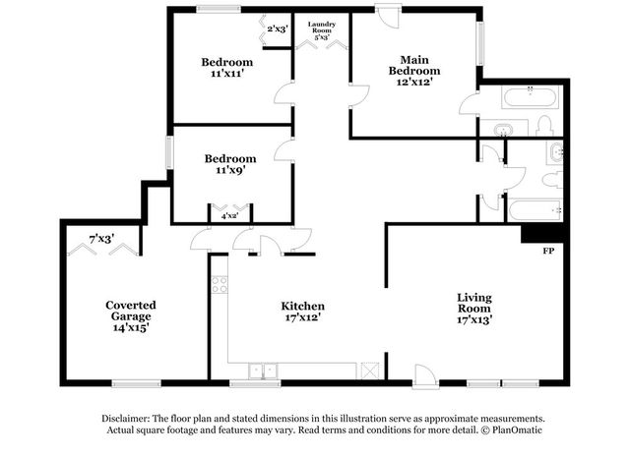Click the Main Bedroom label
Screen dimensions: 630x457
(x=414, y=71)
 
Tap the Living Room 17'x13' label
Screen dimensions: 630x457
(x=474, y=309)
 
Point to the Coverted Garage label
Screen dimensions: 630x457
(x=131, y=316)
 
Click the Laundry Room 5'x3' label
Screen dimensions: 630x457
(x=322, y=30)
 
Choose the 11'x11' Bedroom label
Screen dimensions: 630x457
(x=227, y=68)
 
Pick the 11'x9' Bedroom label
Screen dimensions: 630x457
(x=230, y=164)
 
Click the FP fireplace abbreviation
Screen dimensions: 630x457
(x=548, y=252)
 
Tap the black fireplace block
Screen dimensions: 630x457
(x=542, y=234)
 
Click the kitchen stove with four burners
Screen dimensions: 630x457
(x=220, y=284)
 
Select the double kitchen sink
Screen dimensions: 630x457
(x=263, y=371)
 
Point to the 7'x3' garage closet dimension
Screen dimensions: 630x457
(x=101, y=239)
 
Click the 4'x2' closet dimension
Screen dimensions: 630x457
(x=229, y=216)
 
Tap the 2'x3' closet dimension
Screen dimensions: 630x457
(x=278, y=29)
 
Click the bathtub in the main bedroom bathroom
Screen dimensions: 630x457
(x=531, y=97)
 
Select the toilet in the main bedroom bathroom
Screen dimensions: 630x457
(x=545, y=126)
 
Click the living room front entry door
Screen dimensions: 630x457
(x=424, y=375)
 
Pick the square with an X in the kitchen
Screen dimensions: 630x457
(x=370, y=371)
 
